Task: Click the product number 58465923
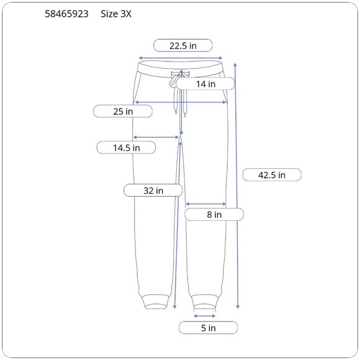pos(66,14)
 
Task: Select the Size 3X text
pos(116,14)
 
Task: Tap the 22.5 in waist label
pos(183,45)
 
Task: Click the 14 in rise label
pos(205,84)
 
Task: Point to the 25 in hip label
pos(123,111)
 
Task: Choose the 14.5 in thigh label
pos(126,148)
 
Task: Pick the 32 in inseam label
pos(153,191)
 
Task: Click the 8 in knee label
pos(214,214)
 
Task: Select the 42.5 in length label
pos(272,175)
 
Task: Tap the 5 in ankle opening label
pos(208,328)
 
